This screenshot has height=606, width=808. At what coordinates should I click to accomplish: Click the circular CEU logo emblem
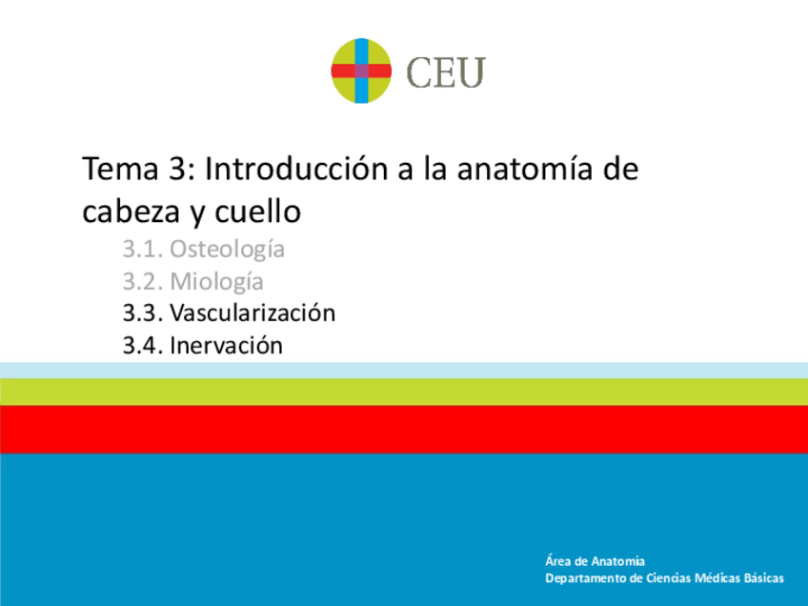[361, 71]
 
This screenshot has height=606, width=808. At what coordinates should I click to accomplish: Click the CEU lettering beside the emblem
[446, 72]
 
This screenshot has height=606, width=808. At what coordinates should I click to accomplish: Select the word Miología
[216, 282]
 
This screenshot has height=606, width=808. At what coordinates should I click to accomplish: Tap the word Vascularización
[252, 313]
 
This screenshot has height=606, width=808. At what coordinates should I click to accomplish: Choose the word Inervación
[226, 345]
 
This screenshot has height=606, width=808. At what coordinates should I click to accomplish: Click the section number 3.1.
[143, 250]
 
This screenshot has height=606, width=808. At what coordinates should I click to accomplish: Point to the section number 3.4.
[143, 345]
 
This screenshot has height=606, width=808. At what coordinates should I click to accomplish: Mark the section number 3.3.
[143, 313]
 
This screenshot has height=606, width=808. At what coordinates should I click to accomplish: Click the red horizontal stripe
[404, 429]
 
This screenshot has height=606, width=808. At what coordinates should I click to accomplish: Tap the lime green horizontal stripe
[404, 391]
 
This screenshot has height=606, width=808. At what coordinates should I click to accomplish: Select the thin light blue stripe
[404, 370]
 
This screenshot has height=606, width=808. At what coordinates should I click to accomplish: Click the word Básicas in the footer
[761, 578]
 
